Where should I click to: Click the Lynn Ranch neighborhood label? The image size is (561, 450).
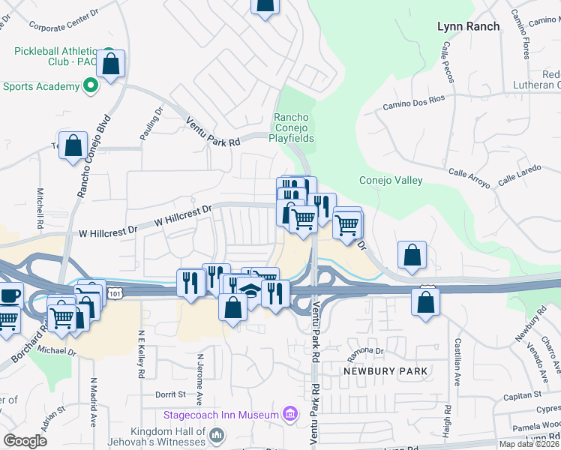468,26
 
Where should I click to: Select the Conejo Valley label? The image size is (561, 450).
391,180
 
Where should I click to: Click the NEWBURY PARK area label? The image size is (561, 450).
385,371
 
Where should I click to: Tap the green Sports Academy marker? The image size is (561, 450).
90,86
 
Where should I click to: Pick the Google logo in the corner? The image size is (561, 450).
25,441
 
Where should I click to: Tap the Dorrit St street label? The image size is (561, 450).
170,394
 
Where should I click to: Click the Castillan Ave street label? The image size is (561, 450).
457,362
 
